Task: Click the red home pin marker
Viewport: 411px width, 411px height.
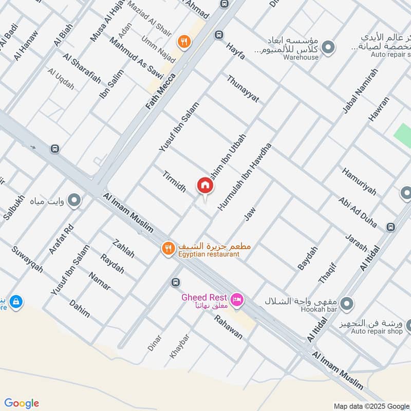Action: click(204, 185)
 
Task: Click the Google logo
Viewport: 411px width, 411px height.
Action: click(22, 403)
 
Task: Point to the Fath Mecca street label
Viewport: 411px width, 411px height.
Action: click(161, 91)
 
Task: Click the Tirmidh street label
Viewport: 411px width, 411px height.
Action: click(174, 181)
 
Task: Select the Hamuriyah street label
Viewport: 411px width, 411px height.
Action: click(359, 182)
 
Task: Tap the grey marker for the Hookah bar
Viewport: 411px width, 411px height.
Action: click(347, 303)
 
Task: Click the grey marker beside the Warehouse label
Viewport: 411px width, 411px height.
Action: click(329, 48)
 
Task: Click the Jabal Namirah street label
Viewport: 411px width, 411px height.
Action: click(360, 91)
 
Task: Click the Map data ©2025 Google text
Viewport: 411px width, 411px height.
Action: click(371, 406)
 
